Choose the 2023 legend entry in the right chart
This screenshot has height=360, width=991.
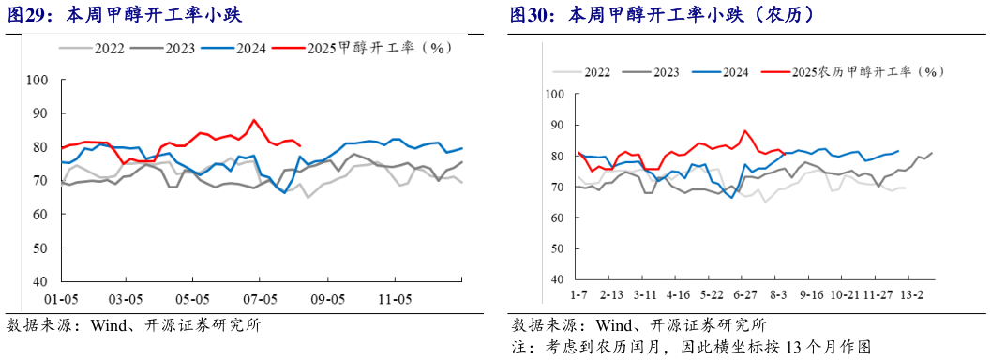pos(665,71)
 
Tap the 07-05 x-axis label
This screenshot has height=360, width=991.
pos(261,299)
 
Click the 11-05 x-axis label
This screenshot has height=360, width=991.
pos(394,299)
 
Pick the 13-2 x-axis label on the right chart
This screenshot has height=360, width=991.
pos(911,294)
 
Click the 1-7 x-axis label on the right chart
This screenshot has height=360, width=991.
pos(578,294)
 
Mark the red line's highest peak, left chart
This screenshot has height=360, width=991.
pos(254,120)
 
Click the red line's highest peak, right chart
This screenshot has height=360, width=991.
pos(745,131)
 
